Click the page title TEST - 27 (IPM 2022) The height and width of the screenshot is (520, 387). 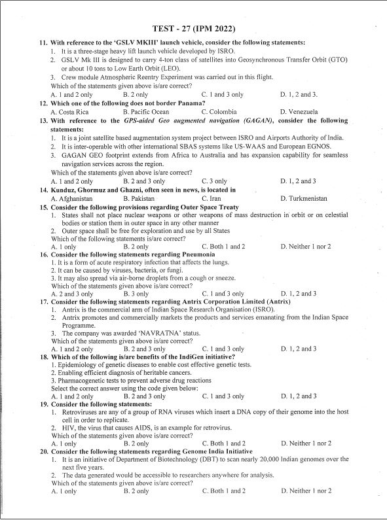click(x=193, y=29)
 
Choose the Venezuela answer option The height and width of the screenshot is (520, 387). click(x=299, y=112)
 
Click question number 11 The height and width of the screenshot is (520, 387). click(x=44, y=43)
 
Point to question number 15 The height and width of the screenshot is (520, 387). click(x=44, y=207)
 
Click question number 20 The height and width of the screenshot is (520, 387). click(x=44, y=451)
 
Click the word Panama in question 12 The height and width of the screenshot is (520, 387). click(x=190, y=103)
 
